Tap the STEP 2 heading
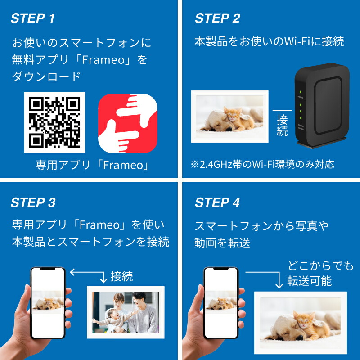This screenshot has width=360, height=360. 217,18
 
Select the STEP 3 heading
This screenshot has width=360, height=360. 33,202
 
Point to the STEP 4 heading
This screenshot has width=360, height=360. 217,202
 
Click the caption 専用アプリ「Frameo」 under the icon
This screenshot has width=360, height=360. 92,165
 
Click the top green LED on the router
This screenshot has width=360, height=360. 300,93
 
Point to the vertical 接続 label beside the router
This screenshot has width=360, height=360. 282,125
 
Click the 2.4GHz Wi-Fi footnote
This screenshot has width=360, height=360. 262,164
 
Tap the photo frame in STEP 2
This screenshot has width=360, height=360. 229,116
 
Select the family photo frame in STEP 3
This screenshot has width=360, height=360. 126,311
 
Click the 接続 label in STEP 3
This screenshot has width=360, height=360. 121,276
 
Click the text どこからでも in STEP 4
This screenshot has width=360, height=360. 320,266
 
